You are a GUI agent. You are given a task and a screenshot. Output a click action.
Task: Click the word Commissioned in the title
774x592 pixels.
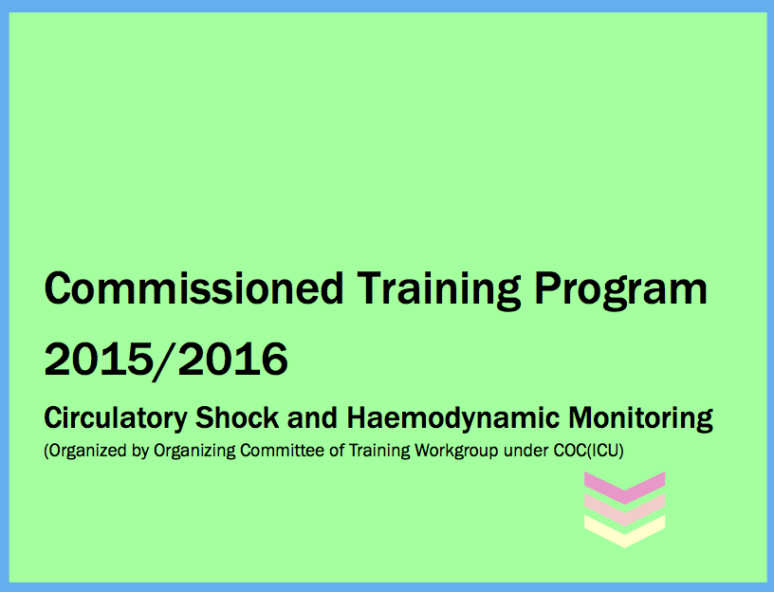194,287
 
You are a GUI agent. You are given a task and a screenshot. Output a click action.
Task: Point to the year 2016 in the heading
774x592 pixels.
233,359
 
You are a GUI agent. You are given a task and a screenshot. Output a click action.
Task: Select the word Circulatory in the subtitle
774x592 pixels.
116,418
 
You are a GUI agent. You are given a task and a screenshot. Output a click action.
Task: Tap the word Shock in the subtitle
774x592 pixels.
237,417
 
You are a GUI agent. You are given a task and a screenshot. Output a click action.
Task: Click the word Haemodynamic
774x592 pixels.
453,418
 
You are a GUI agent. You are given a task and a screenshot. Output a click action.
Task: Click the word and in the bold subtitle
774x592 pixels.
312,417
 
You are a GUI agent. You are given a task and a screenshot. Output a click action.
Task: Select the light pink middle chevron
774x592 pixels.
624,515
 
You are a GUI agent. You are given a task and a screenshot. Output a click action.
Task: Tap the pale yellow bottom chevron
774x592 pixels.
624,537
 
